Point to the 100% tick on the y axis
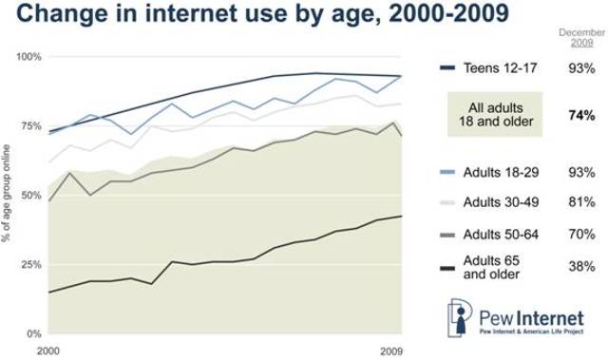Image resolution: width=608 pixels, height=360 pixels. click(x=29, y=57)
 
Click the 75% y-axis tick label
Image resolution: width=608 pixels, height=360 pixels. click(x=31, y=126)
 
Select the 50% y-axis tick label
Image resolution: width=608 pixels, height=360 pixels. click(x=31, y=196)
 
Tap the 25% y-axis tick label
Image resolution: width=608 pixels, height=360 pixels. click(x=31, y=265)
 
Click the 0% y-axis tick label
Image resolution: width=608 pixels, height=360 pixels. click(x=34, y=334)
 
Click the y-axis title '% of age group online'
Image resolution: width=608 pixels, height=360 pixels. click(x=9, y=195)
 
